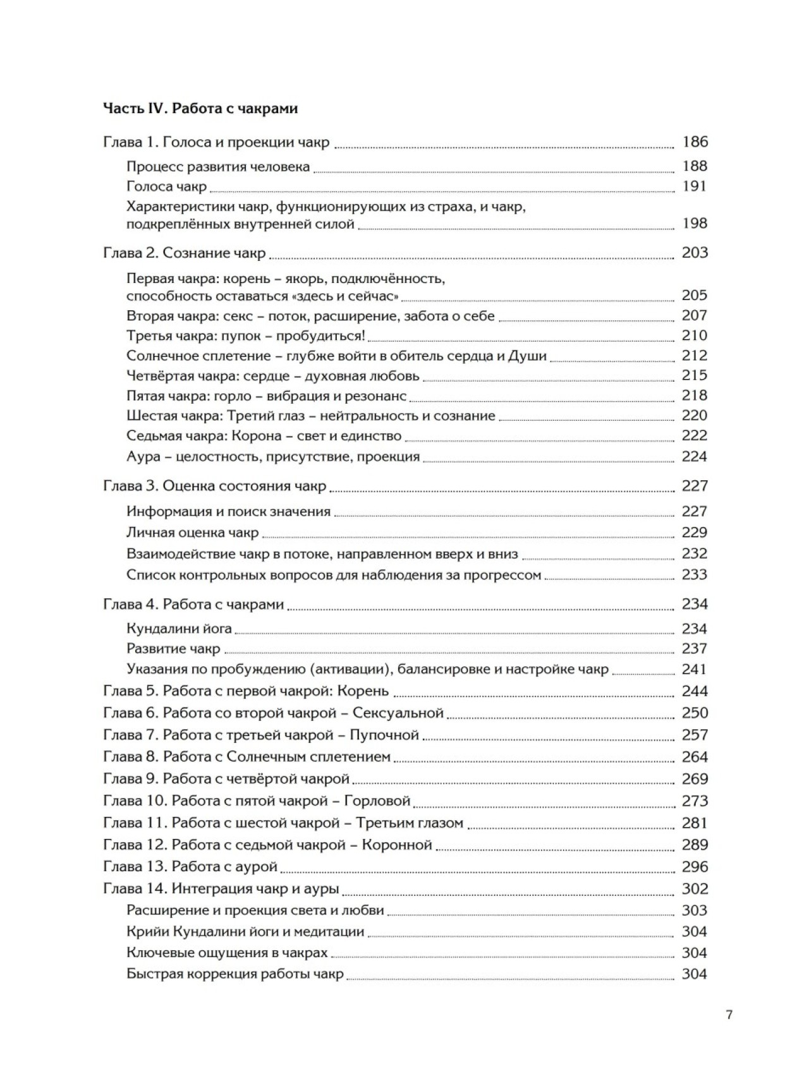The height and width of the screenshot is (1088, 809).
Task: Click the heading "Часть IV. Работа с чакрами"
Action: coord(200,109)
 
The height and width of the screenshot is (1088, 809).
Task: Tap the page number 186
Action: coord(695,142)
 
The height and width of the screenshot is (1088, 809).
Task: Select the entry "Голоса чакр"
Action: coord(166,186)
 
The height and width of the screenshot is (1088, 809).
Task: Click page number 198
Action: coord(695,224)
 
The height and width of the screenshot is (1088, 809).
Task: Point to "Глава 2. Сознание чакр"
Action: coord(184,253)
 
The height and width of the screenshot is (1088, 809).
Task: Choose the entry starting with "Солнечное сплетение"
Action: coord(336,356)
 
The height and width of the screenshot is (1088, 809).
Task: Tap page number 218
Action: coord(694,396)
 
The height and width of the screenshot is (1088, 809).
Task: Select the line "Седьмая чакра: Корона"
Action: coord(264,436)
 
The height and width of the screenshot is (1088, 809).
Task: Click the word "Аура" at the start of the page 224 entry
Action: coord(143,457)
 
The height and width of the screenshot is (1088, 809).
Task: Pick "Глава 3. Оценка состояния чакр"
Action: coord(214,486)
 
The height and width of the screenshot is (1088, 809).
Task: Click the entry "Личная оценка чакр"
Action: coord(192,533)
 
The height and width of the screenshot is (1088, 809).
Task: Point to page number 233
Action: coord(694,575)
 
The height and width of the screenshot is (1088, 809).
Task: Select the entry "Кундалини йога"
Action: coord(179,629)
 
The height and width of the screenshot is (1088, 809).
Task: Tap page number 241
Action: coord(694,670)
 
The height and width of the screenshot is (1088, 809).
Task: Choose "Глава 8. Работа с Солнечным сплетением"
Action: coord(246,757)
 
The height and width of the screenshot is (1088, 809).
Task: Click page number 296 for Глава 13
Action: coord(694,867)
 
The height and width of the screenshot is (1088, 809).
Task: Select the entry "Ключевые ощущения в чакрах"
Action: coord(227,953)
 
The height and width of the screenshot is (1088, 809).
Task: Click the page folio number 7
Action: coord(729,1015)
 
